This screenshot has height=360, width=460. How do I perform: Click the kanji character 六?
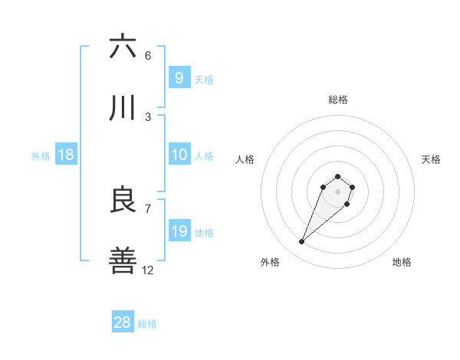[123, 47]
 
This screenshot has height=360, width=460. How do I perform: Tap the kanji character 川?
[123, 109]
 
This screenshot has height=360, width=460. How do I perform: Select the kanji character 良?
[123, 200]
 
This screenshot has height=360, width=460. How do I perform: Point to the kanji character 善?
[123, 261]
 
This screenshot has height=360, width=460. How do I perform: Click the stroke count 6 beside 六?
[148, 56]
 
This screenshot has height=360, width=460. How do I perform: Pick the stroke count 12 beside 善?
[148, 270]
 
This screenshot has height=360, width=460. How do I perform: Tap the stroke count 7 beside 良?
[148, 208]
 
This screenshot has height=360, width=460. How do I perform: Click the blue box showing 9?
[179, 77]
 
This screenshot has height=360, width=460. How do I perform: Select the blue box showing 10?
[179, 155]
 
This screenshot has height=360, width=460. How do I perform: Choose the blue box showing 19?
[179, 231]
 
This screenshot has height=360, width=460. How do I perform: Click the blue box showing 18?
[66, 155]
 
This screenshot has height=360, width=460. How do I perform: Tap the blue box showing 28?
[123, 322]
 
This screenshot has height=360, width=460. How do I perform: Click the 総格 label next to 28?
[147, 324]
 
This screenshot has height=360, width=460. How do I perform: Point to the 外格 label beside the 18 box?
[41, 156]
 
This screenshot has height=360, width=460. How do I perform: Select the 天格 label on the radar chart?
[431, 159]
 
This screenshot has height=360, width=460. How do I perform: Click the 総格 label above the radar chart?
[338, 100]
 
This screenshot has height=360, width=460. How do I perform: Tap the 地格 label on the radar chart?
[402, 262]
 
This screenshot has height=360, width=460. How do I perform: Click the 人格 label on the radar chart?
[245, 159]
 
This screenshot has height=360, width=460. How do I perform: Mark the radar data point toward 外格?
[302, 242]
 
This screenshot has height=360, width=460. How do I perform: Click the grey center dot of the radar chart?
[338, 191]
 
